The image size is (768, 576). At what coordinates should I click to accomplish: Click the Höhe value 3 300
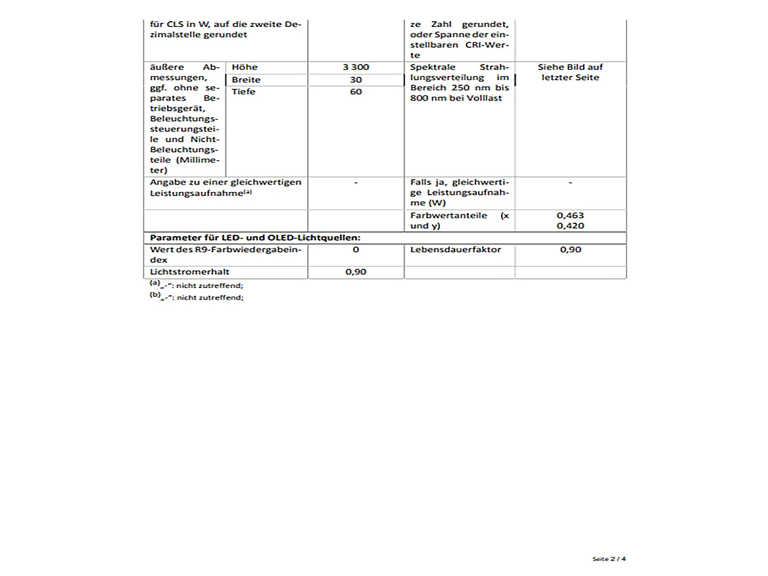(x=356, y=67)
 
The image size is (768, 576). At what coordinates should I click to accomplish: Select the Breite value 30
(x=356, y=79)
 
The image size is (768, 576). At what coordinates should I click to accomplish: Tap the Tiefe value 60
(x=356, y=92)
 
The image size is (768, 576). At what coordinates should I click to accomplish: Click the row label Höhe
(x=244, y=67)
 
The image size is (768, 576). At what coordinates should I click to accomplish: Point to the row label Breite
(x=246, y=79)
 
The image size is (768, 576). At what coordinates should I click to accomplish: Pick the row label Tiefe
(x=243, y=92)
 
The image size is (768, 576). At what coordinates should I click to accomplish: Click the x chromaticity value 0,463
(x=570, y=216)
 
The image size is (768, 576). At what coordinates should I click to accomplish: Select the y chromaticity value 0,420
(x=570, y=226)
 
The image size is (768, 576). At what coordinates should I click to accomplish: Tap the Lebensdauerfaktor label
(x=456, y=250)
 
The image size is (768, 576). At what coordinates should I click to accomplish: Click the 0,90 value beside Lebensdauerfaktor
(x=570, y=250)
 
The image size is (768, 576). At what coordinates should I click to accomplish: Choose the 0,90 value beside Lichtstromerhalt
(x=356, y=272)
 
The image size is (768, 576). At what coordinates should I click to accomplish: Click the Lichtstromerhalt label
(x=180, y=272)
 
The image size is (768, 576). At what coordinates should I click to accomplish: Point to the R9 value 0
(x=356, y=250)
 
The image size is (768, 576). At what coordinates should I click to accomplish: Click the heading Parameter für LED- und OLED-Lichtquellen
(x=255, y=237)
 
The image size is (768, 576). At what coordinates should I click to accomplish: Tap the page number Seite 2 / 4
(x=609, y=559)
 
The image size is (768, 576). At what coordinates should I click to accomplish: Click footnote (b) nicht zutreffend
(x=196, y=297)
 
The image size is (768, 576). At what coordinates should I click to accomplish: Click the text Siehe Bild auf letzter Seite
(x=570, y=72)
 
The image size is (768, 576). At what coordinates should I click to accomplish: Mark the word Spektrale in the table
(x=433, y=67)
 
